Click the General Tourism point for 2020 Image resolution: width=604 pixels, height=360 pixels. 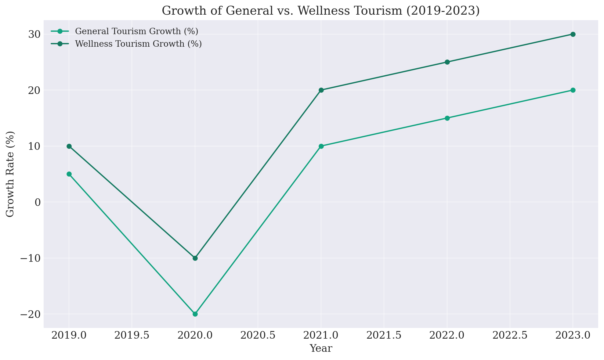tap(195, 314)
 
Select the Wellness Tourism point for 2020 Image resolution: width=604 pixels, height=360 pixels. tap(195, 258)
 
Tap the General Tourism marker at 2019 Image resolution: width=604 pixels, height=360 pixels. tap(69, 174)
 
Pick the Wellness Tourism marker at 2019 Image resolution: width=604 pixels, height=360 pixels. tap(69, 146)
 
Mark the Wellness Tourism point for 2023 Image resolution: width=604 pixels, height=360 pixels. tap(573, 34)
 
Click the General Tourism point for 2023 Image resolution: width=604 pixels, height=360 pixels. tap(573, 90)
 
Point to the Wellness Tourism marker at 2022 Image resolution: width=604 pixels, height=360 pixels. tap(447, 62)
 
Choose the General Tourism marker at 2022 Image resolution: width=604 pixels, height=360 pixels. tap(447, 118)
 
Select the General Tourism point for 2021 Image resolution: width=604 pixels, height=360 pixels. tap(321, 146)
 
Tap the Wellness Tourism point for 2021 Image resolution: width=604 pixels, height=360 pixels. tap(321, 90)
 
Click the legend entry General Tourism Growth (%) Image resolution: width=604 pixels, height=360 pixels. tap(136, 31)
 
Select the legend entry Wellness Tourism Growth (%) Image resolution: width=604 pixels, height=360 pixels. tap(138, 44)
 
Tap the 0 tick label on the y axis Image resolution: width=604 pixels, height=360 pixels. tap(38, 202)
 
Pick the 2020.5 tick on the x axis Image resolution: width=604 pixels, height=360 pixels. tap(258, 336)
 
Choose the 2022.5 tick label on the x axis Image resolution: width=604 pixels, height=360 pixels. tap(510, 336)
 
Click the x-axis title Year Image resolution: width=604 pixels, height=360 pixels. tap(321, 348)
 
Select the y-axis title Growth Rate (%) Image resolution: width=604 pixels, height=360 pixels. tap(10, 174)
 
